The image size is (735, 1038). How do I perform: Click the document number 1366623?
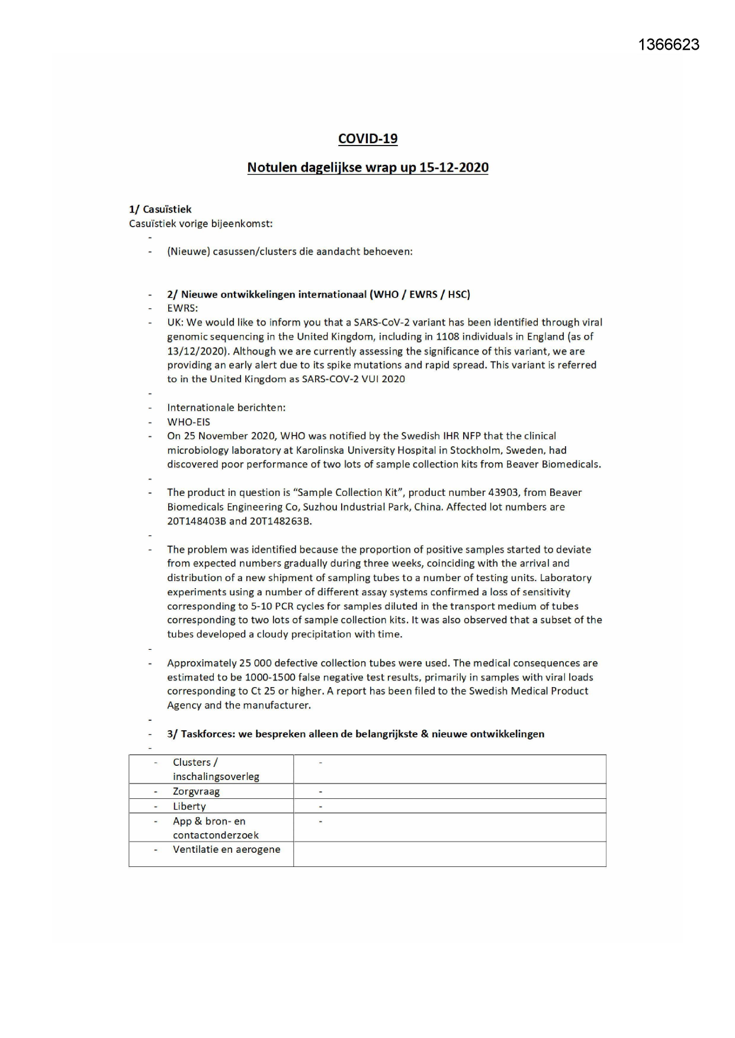click(x=669, y=45)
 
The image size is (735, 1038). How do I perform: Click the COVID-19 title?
click(x=368, y=138)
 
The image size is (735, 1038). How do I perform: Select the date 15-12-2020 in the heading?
click(x=454, y=167)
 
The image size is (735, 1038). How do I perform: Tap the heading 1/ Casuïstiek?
click(x=160, y=209)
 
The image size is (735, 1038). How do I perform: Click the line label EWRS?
click(x=182, y=308)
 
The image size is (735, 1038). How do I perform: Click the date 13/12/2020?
click(x=197, y=351)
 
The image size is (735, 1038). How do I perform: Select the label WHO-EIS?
click(x=188, y=422)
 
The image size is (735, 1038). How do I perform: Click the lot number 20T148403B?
click(x=196, y=521)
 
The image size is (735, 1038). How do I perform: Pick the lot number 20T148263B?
click(x=280, y=521)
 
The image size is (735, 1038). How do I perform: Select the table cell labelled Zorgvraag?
click(x=196, y=791)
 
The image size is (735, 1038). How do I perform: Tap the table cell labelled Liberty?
click(x=189, y=806)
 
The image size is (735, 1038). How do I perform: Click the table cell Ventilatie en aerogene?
click(x=226, y=849)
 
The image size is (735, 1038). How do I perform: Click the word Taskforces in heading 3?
click(x=207, y=734)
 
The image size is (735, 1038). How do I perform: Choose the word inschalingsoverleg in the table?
click(x=216, y=776)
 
